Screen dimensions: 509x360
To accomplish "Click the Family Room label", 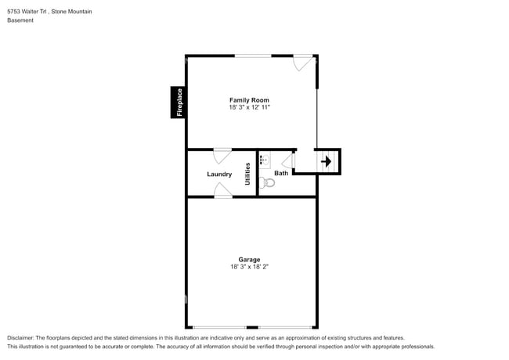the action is [249, 100].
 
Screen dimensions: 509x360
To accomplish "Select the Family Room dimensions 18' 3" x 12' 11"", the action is [249, 107].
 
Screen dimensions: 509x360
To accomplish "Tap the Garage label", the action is [249, 260].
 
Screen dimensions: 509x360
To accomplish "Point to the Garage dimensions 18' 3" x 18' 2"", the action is [249, 267].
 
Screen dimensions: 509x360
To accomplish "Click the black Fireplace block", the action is [178, 103].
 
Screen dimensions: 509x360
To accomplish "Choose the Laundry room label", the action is [219, 175].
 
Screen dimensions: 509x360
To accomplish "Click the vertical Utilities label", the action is [247, 174].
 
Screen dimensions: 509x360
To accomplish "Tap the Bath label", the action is [281, 173].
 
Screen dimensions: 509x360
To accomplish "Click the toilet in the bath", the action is [267, 182].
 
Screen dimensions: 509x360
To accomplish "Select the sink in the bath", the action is [265, 160].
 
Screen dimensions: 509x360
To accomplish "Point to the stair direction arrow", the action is [327, 161].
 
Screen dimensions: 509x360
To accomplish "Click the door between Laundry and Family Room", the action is [222, 156].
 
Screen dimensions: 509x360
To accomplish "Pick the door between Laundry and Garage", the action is [223, 190].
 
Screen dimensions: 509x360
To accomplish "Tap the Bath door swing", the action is [288, 160].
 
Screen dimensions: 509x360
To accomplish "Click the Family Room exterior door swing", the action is [303, 63].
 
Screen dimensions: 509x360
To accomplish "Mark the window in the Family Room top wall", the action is [253, 56].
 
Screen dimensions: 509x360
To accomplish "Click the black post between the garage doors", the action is [252, 327].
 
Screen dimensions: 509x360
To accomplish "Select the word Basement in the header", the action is [20, 20].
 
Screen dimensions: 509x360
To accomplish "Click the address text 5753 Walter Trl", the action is [27, 12].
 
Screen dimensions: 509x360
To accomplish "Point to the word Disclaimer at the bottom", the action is [20, 337].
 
